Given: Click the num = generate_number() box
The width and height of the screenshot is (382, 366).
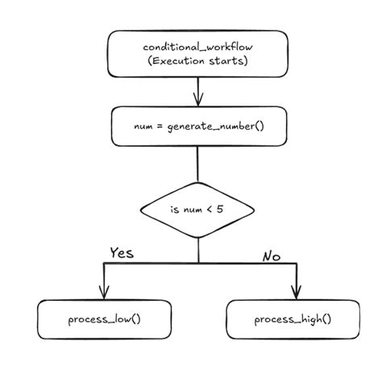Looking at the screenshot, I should pos(198,127).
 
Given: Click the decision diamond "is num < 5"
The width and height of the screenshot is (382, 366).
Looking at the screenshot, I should pos(198,211).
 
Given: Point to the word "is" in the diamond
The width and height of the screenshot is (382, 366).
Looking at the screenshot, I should pos(174,211).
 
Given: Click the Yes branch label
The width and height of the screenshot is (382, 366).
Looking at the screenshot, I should pos(121,252).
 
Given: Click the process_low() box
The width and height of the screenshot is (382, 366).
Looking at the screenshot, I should pos(105,319).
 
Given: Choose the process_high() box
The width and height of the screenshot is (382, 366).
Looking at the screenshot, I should pos(293,319).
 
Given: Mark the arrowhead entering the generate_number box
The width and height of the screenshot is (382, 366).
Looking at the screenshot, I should pos(198,101).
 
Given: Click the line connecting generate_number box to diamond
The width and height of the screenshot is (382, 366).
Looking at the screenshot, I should pos(198,164).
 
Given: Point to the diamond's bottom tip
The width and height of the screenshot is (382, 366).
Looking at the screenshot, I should pos(198,239).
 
